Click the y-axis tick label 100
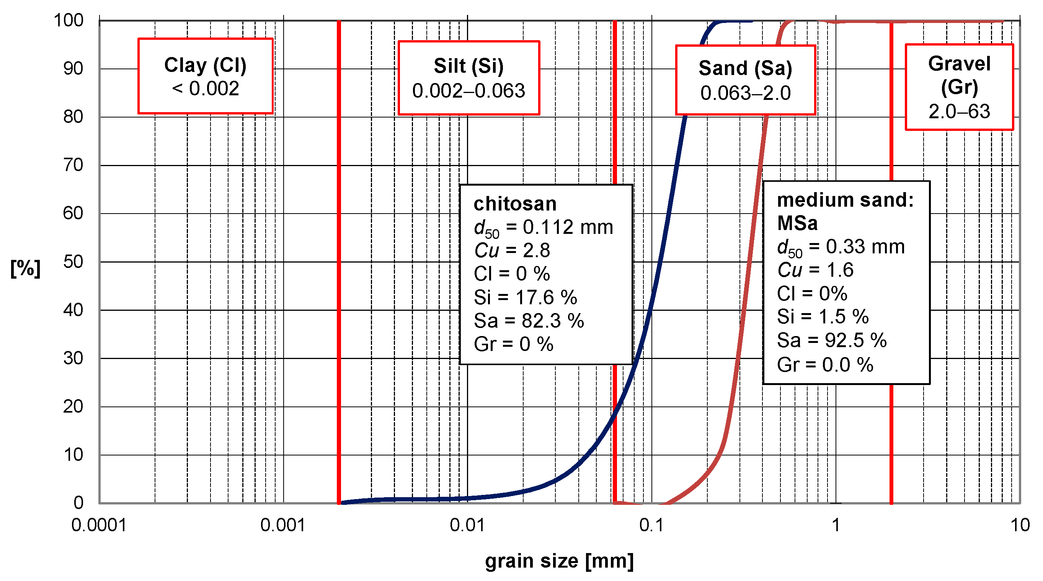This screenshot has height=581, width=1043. [x=69, y=20]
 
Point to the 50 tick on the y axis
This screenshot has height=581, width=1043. [x=73, y=262]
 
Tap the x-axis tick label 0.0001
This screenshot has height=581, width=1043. [x=99, y=525]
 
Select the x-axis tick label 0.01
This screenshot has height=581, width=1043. [x=467, y=525]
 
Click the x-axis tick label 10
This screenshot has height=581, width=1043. [x=1020, y=525]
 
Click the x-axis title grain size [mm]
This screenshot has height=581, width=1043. [x=559, y=561]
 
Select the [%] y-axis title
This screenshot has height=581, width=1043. [x=25, y=268]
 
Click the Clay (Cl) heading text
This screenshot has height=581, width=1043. [x=205, y=65]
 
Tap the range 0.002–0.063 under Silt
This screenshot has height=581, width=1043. [x=468, y=91]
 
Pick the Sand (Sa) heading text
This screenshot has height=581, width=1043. [x=745, y=68]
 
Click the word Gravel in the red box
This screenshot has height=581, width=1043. [x=959, y=64]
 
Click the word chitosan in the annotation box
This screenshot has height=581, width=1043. [x=515, y=204]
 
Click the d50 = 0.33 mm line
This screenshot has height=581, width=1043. [x=841, y=247]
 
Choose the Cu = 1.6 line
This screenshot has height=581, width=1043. [x=815, y=270]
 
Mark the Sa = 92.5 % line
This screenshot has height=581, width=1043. [x=832, y=341]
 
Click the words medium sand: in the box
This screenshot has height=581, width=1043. [x=845, y=200]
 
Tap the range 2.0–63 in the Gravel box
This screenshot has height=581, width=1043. [x=959, y=111]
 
